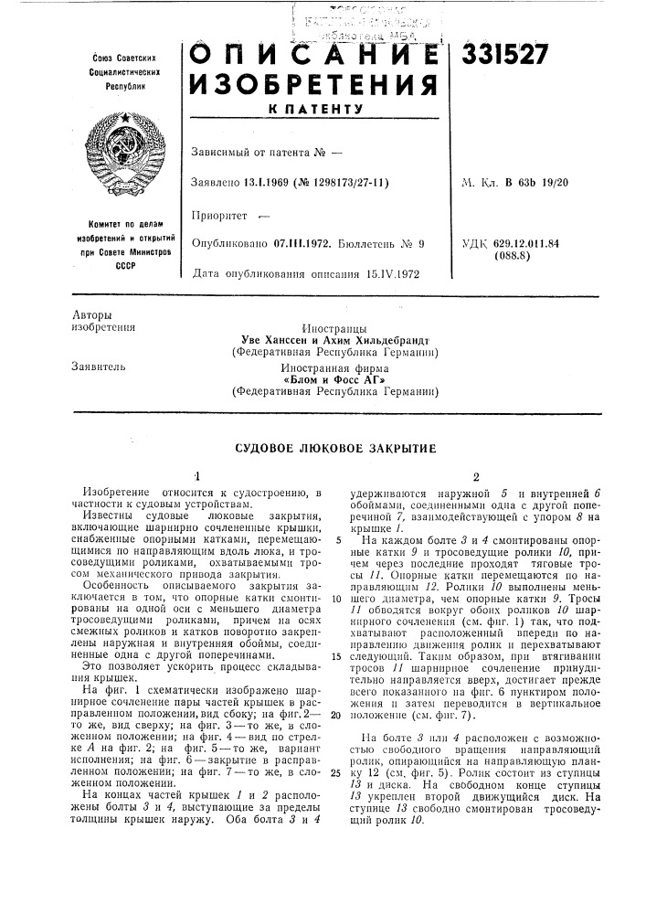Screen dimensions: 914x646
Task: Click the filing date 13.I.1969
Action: point(272,183)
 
